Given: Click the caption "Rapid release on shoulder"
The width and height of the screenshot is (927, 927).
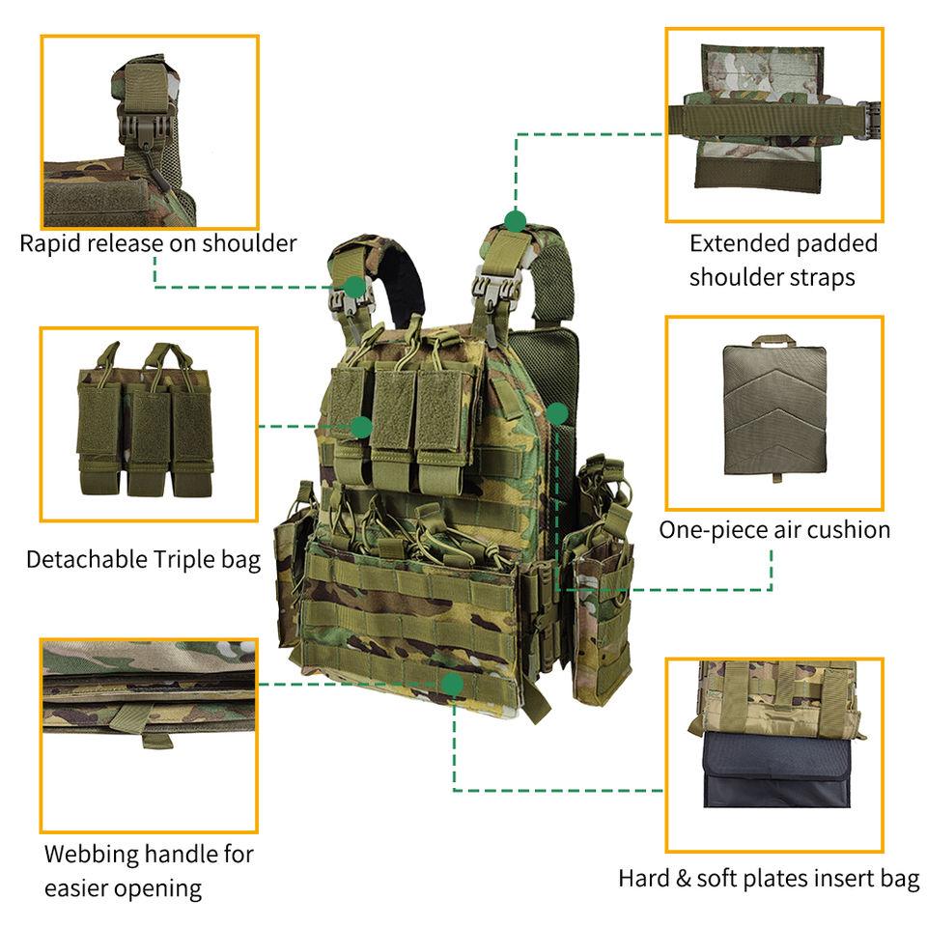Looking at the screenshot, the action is pyautogui.click(x=157, y=243).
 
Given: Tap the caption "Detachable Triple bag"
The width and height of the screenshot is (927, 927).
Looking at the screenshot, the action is pyautogui.click(x=143, y=559).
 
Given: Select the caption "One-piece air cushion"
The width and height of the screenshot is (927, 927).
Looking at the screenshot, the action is pyautogui.click(x=774, y=529).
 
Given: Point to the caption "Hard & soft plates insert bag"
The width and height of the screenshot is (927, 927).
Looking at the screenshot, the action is pyautogui.click(x=769, y=879).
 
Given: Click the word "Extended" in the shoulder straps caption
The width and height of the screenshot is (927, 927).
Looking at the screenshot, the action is pyautogui.click(x=733, y=243).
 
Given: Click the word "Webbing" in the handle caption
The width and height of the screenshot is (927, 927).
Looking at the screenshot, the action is pyautogui.click(x=91, y=854).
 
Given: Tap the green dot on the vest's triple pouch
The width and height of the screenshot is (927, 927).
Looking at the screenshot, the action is pyautogui.click(x=362, y=426).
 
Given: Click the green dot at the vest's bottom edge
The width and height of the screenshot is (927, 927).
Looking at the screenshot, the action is pyautogui.click(x=452, y=685).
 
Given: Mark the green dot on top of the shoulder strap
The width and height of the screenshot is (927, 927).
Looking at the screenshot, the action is pyautogui.click(x=516, y=220).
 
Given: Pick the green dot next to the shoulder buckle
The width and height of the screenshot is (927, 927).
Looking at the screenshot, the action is pyautogui.click(x=355, y=286).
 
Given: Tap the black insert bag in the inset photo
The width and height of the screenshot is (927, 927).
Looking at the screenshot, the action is pyautogui.click(x=772, y=772).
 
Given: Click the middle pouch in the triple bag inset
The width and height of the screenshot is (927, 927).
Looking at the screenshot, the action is pyautogui.click(x=150, y=425).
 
